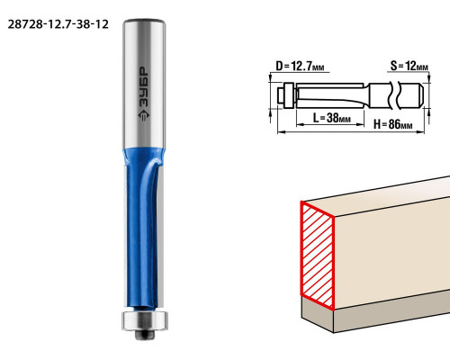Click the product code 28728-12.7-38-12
(58, 24)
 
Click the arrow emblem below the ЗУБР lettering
(144, 115)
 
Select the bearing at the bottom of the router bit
(145, 321)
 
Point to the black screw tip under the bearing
(146, 335)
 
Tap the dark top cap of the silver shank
(144, 22)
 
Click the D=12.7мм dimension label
(300, 66)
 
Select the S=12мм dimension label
(409, 66)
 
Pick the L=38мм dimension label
(331, 118)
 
